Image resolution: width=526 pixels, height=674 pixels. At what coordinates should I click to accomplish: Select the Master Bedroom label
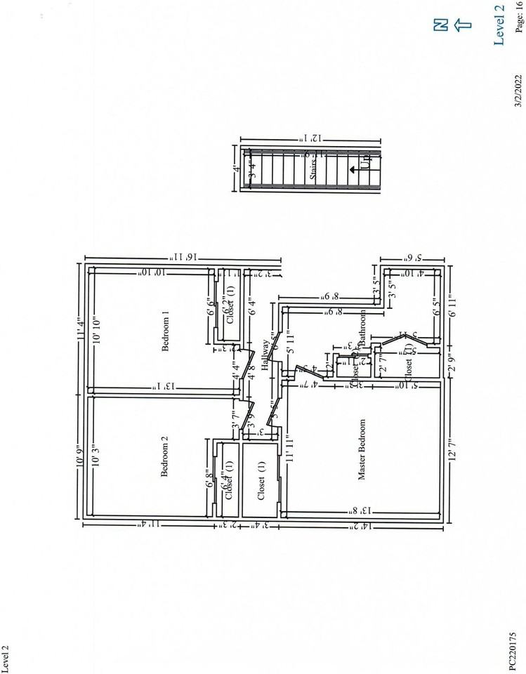click(x=362, y=450)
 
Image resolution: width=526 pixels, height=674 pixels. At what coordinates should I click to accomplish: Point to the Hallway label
click(x=265, y=354)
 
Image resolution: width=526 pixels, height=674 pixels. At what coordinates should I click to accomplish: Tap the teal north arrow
click(x=461, y=25)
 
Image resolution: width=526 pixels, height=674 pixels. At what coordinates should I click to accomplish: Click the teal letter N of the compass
click(x=440, y=25)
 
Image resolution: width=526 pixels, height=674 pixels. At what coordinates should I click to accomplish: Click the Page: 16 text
click(x=519, y=17)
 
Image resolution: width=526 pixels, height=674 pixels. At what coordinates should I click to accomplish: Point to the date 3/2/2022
click(x=519, y=91)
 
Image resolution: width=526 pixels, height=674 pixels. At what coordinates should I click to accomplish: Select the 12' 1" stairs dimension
click(x=309, y=139)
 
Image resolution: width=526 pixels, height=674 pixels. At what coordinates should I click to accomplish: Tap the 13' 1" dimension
click(x=161, y=387)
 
